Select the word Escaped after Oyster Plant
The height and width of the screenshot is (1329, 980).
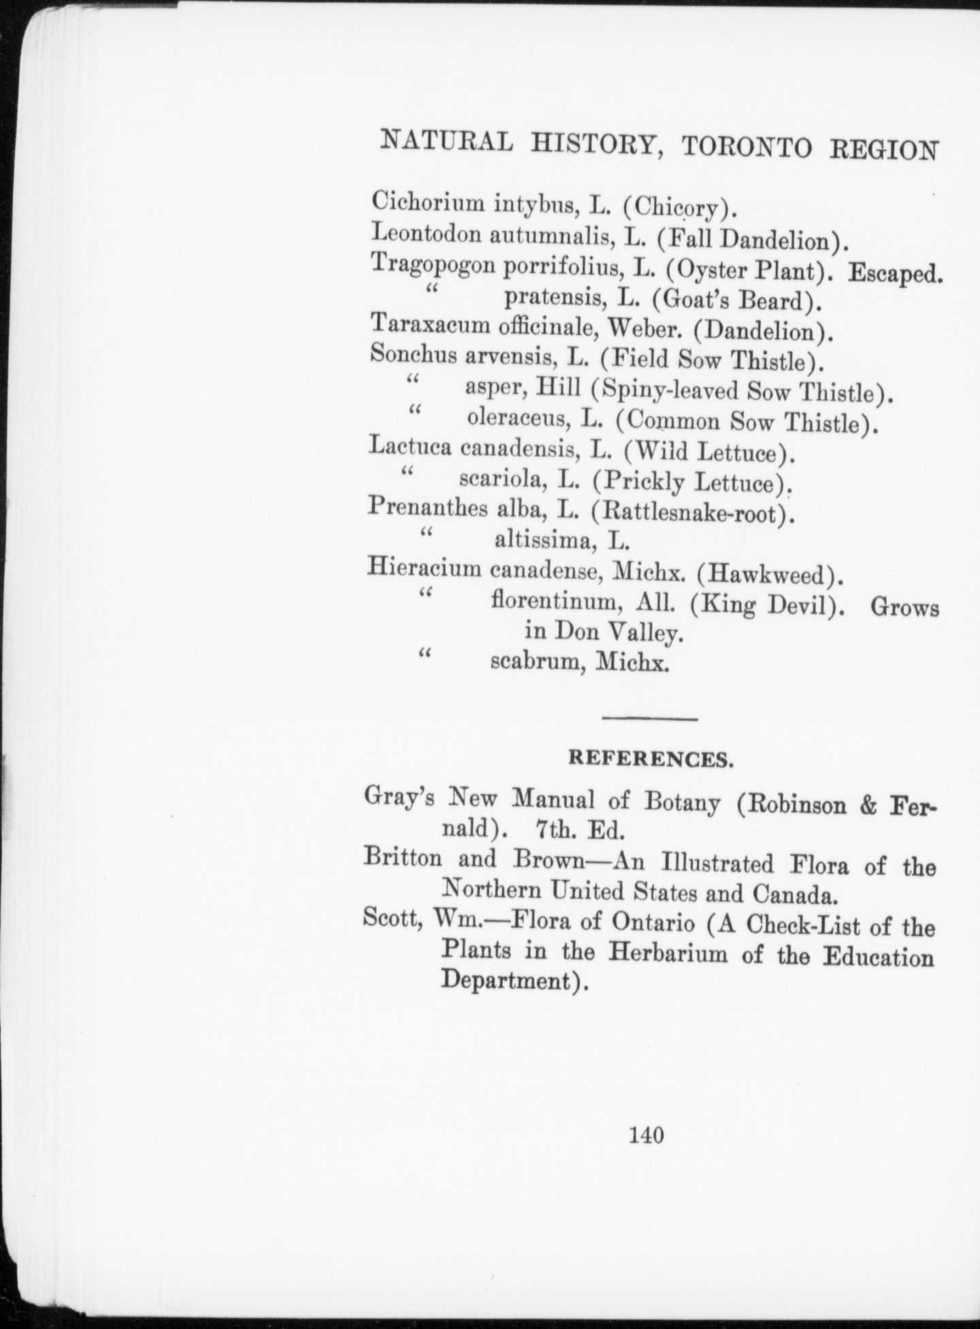pos(894,273)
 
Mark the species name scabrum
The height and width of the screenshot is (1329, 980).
pos(535,662)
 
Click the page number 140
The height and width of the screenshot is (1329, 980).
pos(647,1135)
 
